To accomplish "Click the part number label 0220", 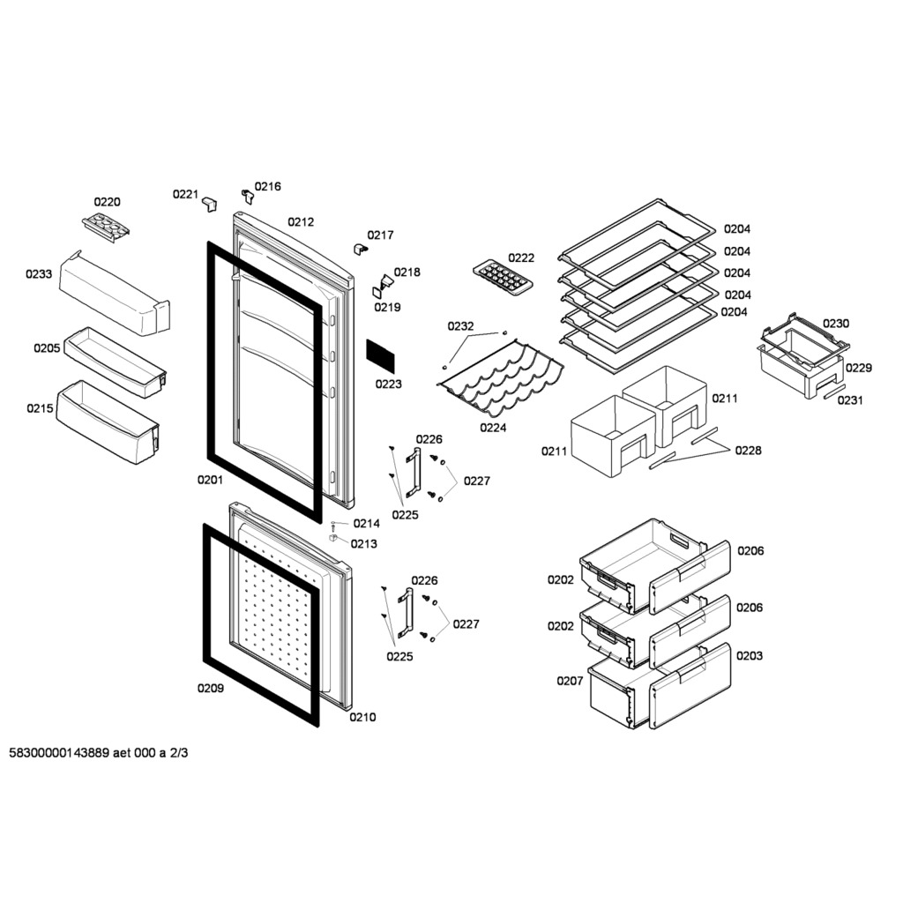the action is coord(107,202).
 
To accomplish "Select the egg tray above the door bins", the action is coord(106,227).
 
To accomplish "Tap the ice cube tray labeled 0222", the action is coord(503,276).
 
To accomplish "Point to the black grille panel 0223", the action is coord(381,356).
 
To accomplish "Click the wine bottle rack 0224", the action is coord(500,377).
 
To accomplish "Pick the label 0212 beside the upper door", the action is coord(301,221).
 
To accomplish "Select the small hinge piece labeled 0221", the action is coord(210,204).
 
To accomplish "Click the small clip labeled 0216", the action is coord(248,197).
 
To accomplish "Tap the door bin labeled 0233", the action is coord(115,294).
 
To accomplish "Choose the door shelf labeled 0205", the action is coord(116,362).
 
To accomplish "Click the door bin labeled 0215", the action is coord(108,422).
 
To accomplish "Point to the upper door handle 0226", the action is coord(413,473).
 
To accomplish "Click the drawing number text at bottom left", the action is coord(99,753).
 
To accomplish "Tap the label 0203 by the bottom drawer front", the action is coord(750,655).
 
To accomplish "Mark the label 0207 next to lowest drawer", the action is coord(570,681).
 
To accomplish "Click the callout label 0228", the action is coord(748,451).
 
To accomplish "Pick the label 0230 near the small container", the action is coord(836,323).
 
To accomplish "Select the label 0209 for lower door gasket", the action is coord(210,688).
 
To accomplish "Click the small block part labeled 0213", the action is coord(332,538).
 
